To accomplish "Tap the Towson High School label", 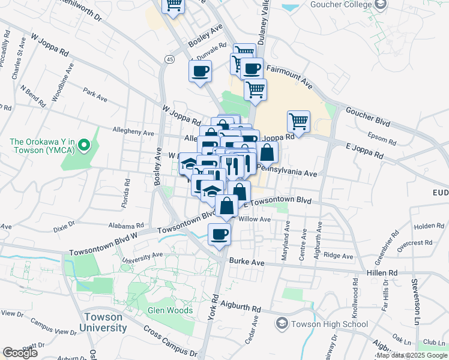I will coord(330,325).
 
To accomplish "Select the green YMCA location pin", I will coord(85,145).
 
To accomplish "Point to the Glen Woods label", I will coord(170,311).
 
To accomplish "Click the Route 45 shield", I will coord(170,59).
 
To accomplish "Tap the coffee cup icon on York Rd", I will coord(219,235).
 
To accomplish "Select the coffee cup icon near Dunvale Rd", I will coord(200,71).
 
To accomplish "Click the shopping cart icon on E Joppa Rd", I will coord(298,121).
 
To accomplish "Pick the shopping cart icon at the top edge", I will coord(173,5).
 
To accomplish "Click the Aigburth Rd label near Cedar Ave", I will coord(240,308).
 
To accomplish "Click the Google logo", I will coord(20,353).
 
